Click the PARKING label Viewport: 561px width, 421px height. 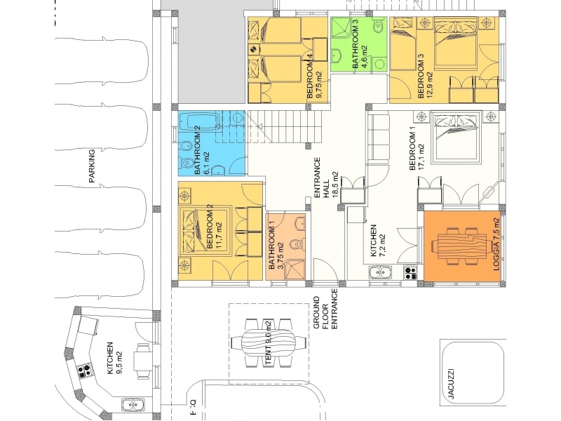point(92,166)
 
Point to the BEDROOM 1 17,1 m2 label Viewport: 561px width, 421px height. point(416,151)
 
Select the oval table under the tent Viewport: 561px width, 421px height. point(269,343)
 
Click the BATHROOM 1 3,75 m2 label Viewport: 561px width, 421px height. point(276,246)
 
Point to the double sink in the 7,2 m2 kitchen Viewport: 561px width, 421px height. point(380,273)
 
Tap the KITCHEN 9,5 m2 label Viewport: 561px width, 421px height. point(114,359)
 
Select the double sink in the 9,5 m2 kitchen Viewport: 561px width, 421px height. point(133,405)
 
